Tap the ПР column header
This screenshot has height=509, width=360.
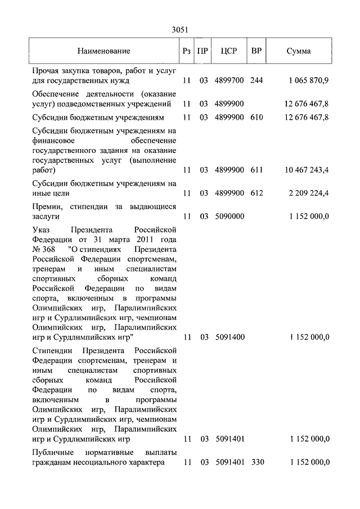pyautogui.click(x=204, y=51)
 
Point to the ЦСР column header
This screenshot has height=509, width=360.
pyautogui.click(x=229, y=51)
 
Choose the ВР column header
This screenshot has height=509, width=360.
pyautogui.click(x=256, y=51)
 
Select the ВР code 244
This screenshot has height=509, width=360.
pyautogui.click(x=256, y=80)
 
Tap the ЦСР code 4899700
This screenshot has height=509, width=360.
pyautogui.click(x=229, y=80)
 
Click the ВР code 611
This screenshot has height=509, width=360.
pyautogui.click(x=256, y=169)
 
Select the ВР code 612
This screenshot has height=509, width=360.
pyautogui.click(x=256, y=193)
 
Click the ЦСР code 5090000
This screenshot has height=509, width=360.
pyautogui.click(x=229, y=216)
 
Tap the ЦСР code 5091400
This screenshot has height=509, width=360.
pyautogui.click(x=229, y=337)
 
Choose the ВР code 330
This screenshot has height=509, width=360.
pyautogui.click(x=256, y=462)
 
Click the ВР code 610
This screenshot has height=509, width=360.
pyautogui.click(x=256, y=117)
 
